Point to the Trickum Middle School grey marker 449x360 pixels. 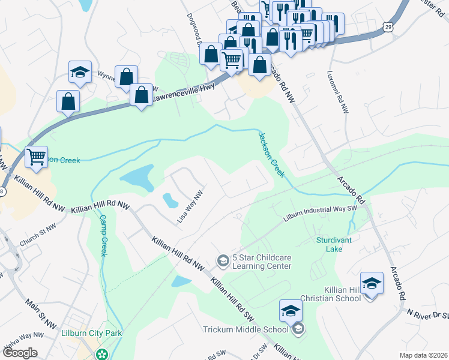(x=298, y=328)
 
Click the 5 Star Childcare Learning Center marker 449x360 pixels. (x=223, y=260)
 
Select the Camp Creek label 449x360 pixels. (x=103, y=235)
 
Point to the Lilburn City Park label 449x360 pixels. (x=92, y=333)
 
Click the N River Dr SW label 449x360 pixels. (x=427, y=314)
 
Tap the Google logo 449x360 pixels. (x=19, y=353)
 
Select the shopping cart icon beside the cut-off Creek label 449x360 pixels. (x=37, y=157)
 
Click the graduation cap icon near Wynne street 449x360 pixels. (x=79, y=73)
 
